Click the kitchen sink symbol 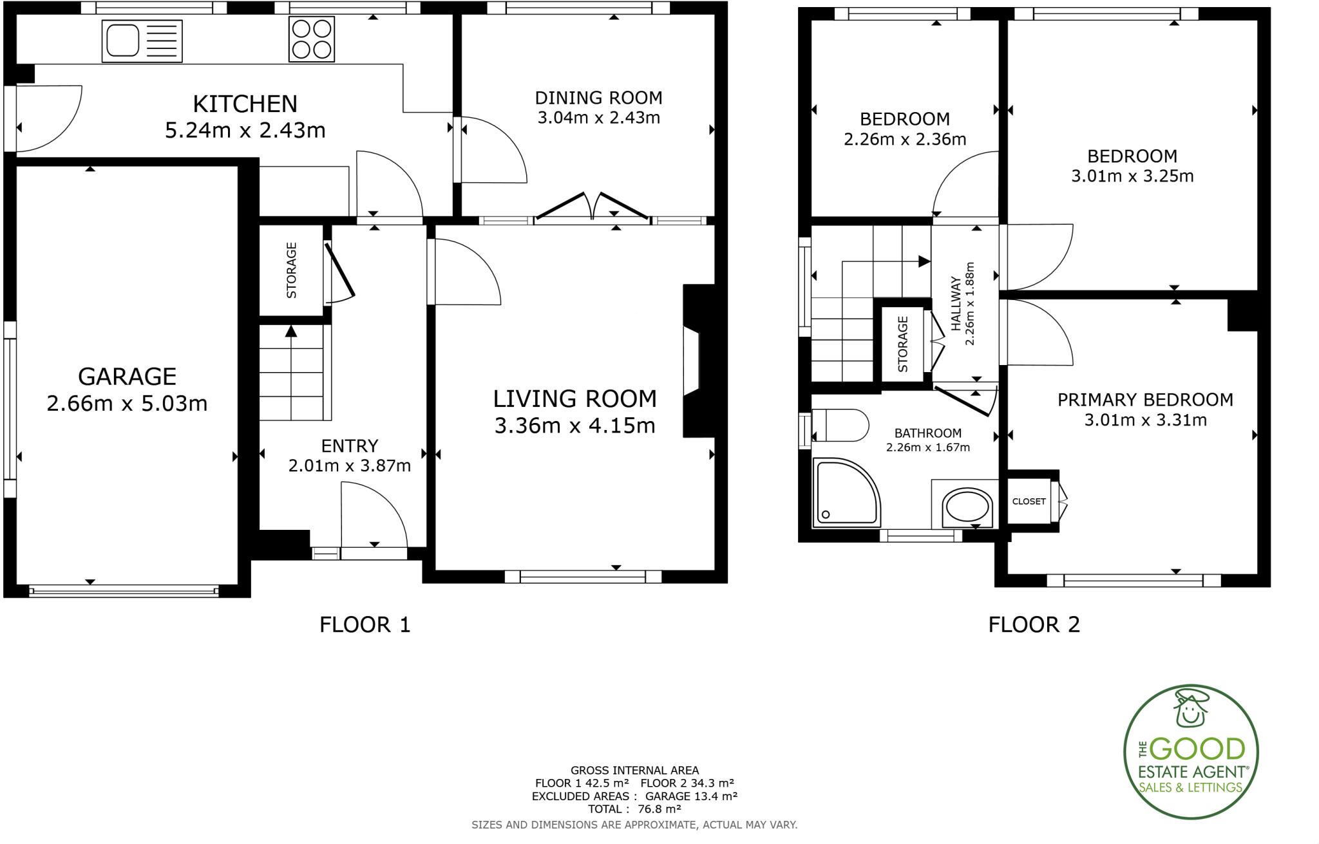click(x=142, y=41)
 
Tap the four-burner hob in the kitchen click(x=312, y=39)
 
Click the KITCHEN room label click(x=245, y=104)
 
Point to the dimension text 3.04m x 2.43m click(x=598, y=118)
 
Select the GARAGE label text click(x=127, y=377)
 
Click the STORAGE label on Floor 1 click(x=291, y=270)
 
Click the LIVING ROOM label click(x=574, y=399)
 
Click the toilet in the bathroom click(x=840, y=426)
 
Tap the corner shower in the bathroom click(x=846, y=492)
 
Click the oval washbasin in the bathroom click(x=967, y=507)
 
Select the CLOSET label click(x=1029, y=502)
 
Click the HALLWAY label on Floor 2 click(x=956, y=304)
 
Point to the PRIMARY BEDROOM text click(x=1145, y=400)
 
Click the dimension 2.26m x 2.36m click(x=904, y=139)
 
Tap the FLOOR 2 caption click(x=1034, y=624)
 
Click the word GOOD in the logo click(x=1197, y=749)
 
